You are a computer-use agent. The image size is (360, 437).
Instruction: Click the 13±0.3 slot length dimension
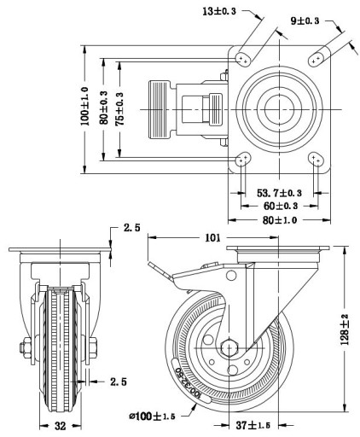pos(219,11)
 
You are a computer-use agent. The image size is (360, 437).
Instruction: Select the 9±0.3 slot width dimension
pos(305,20)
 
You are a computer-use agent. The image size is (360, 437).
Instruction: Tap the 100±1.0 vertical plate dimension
pos(84,106)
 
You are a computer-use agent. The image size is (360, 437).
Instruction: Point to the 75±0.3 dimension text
pos(119,109)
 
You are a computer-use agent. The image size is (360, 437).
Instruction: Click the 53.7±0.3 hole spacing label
pos(279,193)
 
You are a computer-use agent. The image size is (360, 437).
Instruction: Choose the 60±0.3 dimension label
pos(281,206)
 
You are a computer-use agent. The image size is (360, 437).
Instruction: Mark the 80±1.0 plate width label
pos(280,220)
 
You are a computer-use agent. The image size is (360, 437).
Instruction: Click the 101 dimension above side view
pos(212,237)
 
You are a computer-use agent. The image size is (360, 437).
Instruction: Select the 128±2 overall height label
pos(345,329)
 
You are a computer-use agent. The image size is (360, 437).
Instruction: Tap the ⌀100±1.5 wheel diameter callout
pos(152,417)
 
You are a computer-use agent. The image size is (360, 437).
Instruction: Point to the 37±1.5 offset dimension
pos(253,426)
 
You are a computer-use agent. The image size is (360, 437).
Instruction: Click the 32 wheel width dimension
pos(60,426)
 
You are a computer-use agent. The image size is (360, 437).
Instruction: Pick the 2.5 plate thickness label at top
pos(132,228)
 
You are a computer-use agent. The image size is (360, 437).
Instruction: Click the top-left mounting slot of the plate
pos(243,59)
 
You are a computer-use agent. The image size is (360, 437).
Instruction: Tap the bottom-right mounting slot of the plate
pos(316,160)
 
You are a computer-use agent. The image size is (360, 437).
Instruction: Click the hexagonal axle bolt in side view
pos(229,347)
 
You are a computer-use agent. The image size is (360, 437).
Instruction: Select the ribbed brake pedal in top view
pos(159,110)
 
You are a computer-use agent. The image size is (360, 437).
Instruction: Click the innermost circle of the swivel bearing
pos(279,109)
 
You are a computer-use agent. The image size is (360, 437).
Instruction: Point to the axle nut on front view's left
pos(26,347)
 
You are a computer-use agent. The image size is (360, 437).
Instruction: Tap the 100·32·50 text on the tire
pos(188,382)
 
